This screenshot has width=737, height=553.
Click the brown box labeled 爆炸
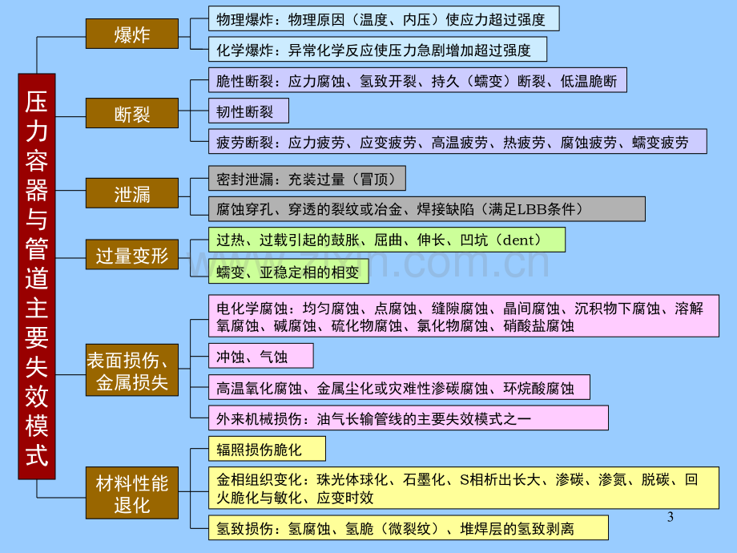click(x=132, y=34)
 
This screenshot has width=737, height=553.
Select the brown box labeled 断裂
click(x=132, y=113)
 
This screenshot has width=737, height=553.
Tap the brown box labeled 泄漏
click(x=132, y=193)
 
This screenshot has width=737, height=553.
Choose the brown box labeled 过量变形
click(x=132, y=254)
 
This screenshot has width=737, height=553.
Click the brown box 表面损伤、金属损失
click(x=132, y=370)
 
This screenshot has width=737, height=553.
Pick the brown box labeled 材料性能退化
click(x=132, y=493)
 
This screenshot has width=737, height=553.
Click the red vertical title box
click(x=37, y=276)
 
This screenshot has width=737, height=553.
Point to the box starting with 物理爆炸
click(x=384, y=18)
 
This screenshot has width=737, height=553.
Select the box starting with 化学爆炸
click(x=378, y=50)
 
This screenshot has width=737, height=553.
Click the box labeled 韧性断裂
click(x=248, y=111)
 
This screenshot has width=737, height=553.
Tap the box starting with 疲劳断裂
click(x=457, y=142)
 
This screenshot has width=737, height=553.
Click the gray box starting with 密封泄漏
click(x=308, y=178)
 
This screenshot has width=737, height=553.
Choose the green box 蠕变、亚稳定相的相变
click(x=288, y=272)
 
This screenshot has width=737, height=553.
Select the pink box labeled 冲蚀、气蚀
click(x=261, y=356)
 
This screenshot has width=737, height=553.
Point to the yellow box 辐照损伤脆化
click(x=267, y=449)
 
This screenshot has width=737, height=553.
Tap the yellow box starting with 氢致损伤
click(x=409, y=527)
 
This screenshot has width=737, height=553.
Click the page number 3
click(x=671, y=517)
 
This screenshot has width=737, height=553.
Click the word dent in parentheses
click(x=518, y=240)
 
